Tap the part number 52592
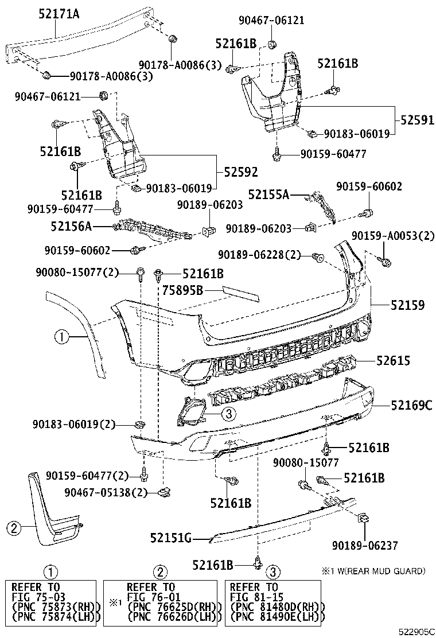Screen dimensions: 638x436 [x=240, y=171]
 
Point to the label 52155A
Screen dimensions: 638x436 [x=269, y=194]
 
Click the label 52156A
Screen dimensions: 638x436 [x=71, y=227]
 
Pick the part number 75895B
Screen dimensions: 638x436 [x=182, y=290]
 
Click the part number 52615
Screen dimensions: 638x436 [x=393, y=361]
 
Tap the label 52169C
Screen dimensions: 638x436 [x=404, y=406]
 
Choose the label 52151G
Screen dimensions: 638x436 [x=170, y=538]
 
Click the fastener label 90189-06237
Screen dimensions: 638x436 [x=365, y=546]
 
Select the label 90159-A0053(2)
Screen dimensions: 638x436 [x=394, y=235]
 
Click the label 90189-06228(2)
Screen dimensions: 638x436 [x=259, y=254]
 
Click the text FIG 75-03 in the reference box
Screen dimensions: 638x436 [x=36, y=597]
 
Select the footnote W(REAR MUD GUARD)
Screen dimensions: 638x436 [x=377, y=571]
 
